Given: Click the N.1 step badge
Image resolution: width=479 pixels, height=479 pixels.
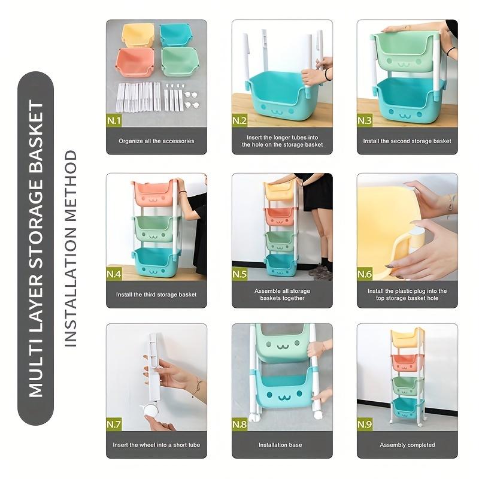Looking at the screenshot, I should [x=114, y=120].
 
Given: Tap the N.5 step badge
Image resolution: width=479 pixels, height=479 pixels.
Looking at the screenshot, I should [x=240, y=274].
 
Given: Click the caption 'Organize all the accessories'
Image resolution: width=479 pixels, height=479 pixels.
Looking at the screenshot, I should [x=156, y=141].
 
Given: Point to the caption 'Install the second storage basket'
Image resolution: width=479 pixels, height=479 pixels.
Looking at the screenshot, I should [x=407, y=141].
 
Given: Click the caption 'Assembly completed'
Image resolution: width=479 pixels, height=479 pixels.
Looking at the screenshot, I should [x=407, y=445].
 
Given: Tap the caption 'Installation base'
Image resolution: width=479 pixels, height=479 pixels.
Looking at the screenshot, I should [x=281, y=445].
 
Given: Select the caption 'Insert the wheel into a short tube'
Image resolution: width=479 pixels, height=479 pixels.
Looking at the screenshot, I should [x=156, y=445].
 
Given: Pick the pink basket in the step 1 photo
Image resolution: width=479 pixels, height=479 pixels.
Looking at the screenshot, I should [x=135, y=63].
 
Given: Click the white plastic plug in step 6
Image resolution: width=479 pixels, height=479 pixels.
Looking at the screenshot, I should [x=417, y=230].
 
